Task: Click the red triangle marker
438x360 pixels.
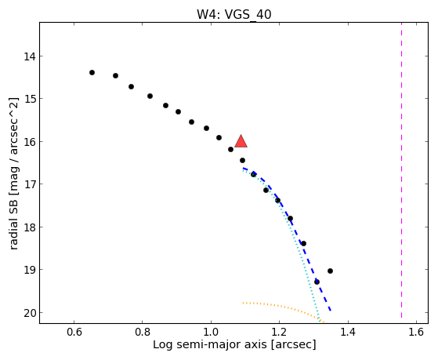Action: pyautogui.click(x=241, y=141)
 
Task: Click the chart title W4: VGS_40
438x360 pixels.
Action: pyautogui.click(x=234, y=14)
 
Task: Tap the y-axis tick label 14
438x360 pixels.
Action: pyautogui.click(x=30, y=56)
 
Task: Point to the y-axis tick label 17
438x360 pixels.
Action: pyautogui.click(x=30, y=184)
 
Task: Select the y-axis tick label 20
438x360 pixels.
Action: pyautogui.click(x=30, y=313)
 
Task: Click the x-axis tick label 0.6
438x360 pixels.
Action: pyautogui.click(x=74, y=333)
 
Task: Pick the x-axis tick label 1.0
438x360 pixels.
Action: pyautogui.click(x=211, y=333)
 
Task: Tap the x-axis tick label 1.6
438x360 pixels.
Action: pyautogui.click(x=416, y=333)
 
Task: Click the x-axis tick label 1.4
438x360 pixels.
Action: pyautogui.click(x=348, y=333)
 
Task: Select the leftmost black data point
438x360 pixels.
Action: pyautogui.click(x=92, y=73)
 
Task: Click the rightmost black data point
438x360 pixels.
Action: pyautogui.click(x=330, y=271)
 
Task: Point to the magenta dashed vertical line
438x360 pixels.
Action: pyautogui.click(x=401, y=170)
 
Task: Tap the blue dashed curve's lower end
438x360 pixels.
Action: pyautogui.click(x=331, y=311)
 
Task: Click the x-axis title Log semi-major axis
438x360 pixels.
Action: pyautogui.click(x=210, y=344)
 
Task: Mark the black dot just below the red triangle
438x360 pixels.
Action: pyautogui.click(x=242, y=160)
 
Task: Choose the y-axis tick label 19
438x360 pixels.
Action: pyautogui.click(x=30, y=271)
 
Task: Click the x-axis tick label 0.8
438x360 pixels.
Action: pyautogui.click(x=142, y=333)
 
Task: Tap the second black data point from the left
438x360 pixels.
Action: pyautogui.click(x=116, y=75)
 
